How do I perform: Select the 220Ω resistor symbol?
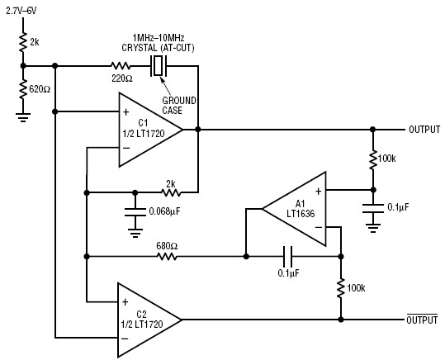[121, 65]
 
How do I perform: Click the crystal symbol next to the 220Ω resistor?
[157, 65]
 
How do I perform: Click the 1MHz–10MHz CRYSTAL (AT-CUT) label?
[159, 41]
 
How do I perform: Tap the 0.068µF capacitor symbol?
[132, 213]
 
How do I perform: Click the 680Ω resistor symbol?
[167, 257]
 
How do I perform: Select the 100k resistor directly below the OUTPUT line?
[372, 159]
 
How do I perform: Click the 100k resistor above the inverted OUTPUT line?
[339, 288]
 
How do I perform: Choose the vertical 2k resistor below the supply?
[21, 41]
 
